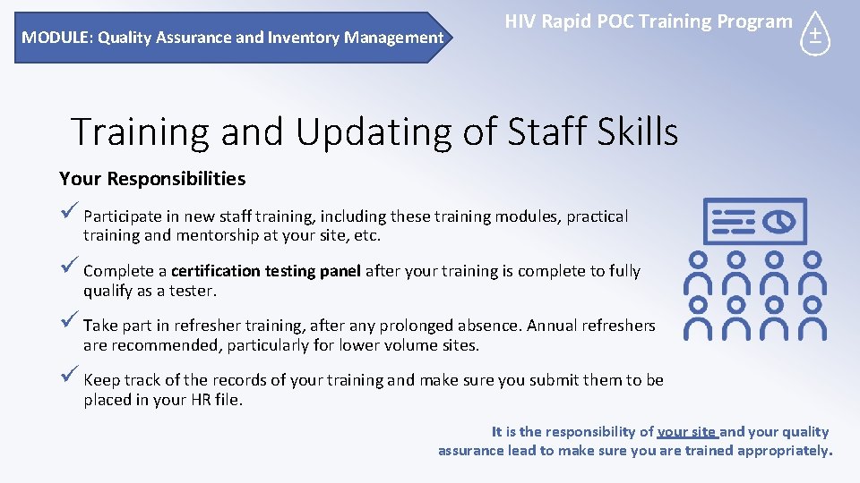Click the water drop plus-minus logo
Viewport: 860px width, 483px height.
pos(815,35)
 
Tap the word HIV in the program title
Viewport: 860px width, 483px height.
pos(521,21)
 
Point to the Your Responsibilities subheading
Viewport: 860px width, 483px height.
pos(152,179)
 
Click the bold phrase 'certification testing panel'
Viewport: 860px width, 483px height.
pos(265,271)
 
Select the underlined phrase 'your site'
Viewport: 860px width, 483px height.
pos(686,432)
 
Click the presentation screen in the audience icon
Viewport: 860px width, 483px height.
pos(755,221)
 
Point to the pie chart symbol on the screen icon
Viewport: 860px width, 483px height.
pos(780,220)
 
